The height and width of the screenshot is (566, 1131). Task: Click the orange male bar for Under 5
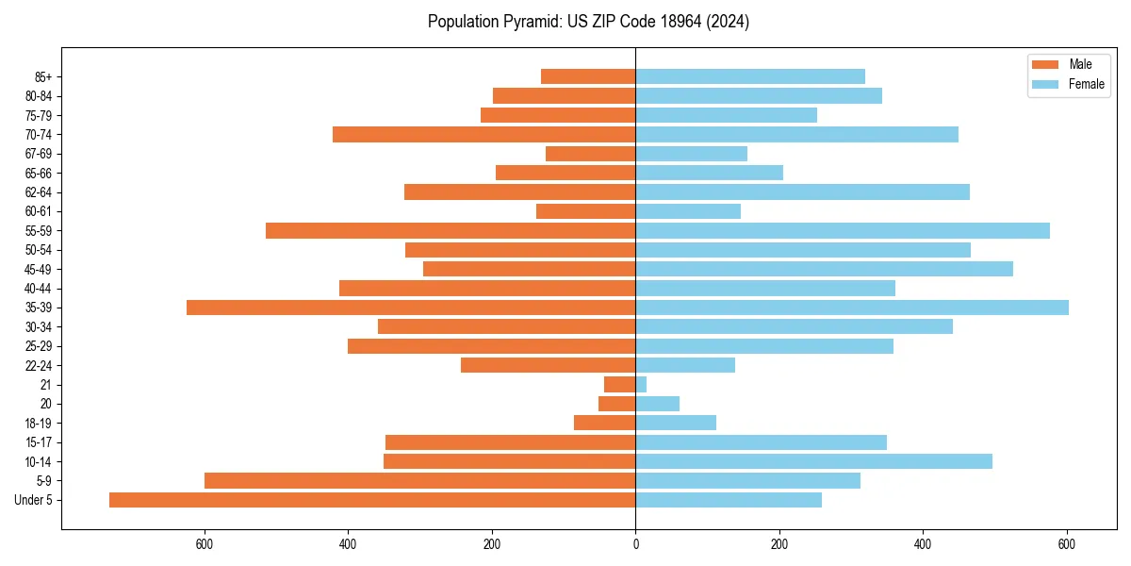pos(372,500)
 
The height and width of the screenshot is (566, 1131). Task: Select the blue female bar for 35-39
pos(852,308)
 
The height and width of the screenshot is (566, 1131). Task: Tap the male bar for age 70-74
pos(484,135)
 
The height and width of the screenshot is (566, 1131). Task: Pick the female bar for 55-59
pos(843,231)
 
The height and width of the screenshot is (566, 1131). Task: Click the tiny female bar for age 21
pos(641,385)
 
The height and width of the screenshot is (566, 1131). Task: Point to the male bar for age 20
pos(617,404)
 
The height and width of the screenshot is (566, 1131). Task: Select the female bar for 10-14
pos(813,461)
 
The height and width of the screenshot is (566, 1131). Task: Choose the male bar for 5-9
pos(419,481)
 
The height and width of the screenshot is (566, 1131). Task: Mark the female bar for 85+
pos(750,76)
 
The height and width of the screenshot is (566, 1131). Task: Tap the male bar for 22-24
pos(548,365)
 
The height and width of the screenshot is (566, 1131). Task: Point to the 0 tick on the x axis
pos(635,544)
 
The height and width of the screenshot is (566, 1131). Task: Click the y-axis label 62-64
pos(38,192)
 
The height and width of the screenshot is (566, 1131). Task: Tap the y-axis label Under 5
pos(33,500)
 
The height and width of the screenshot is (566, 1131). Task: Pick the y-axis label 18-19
pos(38,424)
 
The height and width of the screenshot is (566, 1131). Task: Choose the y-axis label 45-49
pos(38,269)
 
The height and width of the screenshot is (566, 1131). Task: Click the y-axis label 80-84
pos(38,96)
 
